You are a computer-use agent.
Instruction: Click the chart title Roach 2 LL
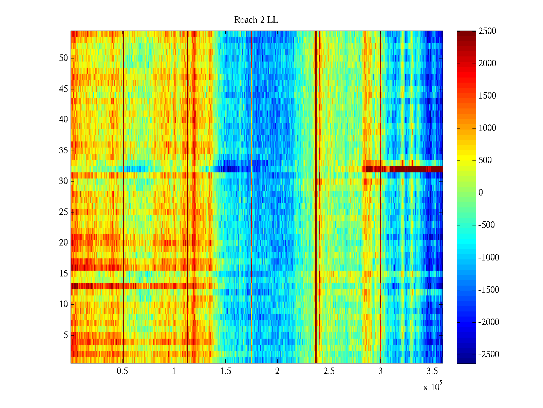point(256,20)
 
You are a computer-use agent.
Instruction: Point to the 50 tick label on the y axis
point(63,58)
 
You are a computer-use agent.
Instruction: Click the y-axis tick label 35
point(63,150)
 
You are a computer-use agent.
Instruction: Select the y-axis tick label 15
point(63,273)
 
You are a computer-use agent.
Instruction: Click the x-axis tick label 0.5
point(122,371)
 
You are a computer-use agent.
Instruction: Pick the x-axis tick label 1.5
point(226,371)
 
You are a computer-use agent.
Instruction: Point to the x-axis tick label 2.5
point(329,371)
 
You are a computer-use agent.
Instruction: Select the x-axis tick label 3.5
point(432,371)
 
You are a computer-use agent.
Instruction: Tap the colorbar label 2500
point(487,31)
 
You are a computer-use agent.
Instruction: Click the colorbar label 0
point(481,193)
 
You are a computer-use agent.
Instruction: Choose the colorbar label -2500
point(489,354)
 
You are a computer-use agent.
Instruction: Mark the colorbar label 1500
point(487,96)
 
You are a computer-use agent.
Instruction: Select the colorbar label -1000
point(489,257)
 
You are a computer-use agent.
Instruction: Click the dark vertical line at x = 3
point(380,221)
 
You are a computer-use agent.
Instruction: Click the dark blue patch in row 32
point(231,169)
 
